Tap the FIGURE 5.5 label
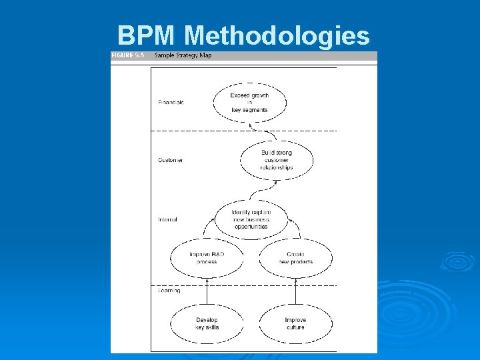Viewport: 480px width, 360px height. [128, 55]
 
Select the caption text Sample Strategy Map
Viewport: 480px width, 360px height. [183, 55]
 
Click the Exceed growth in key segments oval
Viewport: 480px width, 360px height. [250, 102]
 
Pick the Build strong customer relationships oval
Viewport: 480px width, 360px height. [276, 160]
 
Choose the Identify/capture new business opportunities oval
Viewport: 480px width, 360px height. [251, 219]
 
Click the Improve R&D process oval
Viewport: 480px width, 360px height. [207, 257]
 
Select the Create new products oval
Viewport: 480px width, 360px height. [295, 257]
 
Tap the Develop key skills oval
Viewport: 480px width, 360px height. [207, 323]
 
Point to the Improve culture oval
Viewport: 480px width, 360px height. [295, 323]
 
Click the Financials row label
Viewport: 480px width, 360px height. [171, 102]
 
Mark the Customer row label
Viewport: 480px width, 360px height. [170, 160]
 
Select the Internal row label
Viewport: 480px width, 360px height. [167, 219]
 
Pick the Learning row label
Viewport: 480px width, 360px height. [169, 291]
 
